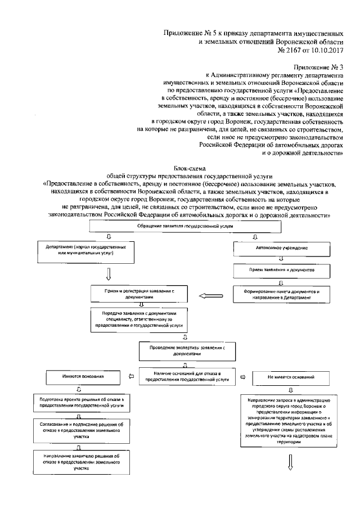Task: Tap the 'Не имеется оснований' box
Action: click(x=291, y=376)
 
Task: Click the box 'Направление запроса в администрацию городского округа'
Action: click(x=291, y=421)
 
